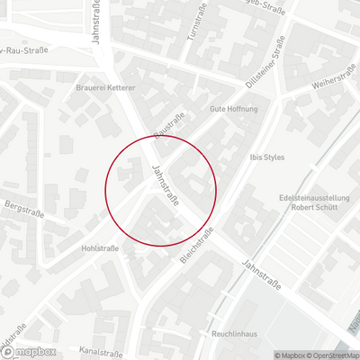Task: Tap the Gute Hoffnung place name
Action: (x=233, y=108)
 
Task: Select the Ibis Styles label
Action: (x=266, y=157)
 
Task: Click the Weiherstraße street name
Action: (x=328, y=83)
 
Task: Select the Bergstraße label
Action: (x=24, y=206)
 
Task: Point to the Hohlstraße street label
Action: (x=101, y=247)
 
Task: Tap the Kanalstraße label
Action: (x=100, y=351)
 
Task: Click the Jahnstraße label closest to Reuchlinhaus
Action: (x=261, y=275)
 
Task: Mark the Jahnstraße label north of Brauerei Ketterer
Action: (x=96, y=20)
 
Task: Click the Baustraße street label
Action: (x=170, y=124)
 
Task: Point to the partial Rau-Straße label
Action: (x=23, y=49)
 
